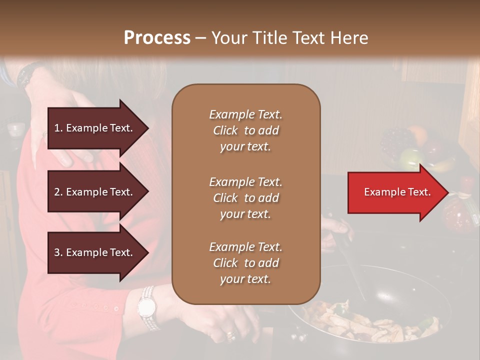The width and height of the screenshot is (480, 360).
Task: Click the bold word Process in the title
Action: [x=157, y=38]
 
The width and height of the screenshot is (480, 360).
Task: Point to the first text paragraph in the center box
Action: [x=245, y=130]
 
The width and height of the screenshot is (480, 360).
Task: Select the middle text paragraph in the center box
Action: [x=245, y=198]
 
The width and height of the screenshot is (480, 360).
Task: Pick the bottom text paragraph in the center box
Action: [x=245, y=263]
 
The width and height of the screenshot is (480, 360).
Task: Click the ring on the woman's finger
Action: [x=230, y=334]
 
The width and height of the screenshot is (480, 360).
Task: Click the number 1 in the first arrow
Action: [x=57, y=128]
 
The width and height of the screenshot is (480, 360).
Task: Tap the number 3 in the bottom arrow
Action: [x=57, y=252]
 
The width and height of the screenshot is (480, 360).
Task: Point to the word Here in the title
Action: [x=349, y=38]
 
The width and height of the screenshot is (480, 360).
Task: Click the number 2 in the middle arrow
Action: [x=57, y=192]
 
